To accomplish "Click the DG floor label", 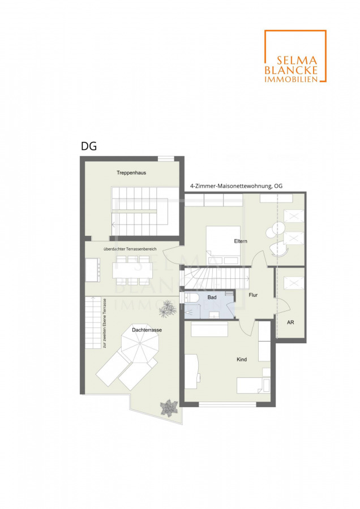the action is tap(89, 146).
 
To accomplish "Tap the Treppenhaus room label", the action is tap(131, 172).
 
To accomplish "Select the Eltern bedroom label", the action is tap(241, 241).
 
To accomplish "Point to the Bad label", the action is tap(212, 297).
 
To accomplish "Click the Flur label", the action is tap(253, 295).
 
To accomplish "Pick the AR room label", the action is tap(290, 322).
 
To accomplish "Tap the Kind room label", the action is tap(242, 359).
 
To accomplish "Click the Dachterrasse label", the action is tap(147, 330).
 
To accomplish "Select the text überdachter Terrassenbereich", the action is tap(130, 249).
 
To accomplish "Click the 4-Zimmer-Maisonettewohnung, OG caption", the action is tap(236, 186).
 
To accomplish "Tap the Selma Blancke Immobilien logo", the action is tap(295, 56).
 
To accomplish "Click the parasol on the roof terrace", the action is tap(140, 343).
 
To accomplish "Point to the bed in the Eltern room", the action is tap(223, 245).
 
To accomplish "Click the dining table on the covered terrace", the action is tap(132, 270).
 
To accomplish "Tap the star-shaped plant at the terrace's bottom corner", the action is tap(169, 408).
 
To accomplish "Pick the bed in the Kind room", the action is tap(253, 385).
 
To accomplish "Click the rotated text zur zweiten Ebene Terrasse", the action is tap(105, 323).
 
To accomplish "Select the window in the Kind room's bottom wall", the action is tap(228, 404).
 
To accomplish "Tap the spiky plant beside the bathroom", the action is tap(168, 308).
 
